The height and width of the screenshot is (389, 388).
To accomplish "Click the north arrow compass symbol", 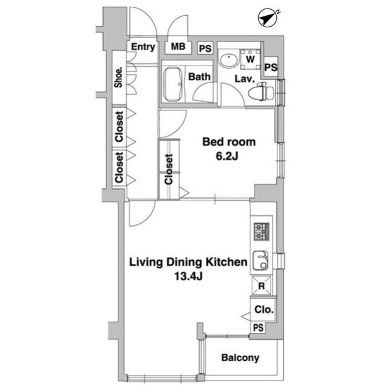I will (268, 18).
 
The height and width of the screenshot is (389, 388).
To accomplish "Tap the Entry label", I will (143, 47).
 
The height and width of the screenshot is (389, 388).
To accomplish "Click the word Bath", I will (199, 77).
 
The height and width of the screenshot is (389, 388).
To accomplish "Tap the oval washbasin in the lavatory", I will (228, 61).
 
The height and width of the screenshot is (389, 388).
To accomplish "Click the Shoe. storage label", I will (119, 77).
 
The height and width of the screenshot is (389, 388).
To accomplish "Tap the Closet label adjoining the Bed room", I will (169, 169).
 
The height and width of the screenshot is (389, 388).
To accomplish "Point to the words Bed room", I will (229, 142).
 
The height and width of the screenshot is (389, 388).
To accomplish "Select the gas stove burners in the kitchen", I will (262, 231).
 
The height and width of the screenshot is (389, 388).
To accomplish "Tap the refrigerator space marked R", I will (261, 286).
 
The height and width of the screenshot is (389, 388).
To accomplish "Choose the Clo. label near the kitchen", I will (264, 309).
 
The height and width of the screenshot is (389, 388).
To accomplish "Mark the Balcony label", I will (240, 358).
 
